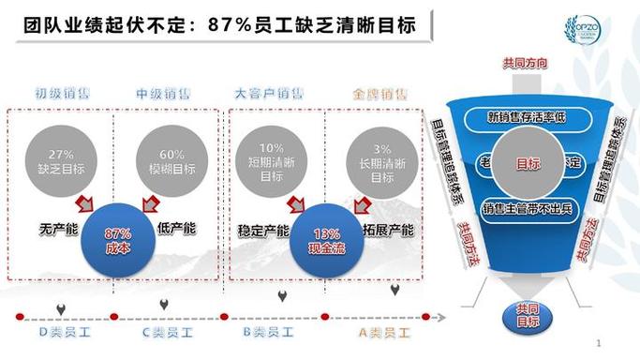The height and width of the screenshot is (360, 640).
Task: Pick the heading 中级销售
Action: (x=163, y=94)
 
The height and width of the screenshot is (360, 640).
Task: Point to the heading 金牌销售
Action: (x=380, y=94)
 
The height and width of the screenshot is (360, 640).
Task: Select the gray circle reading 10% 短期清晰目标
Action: (x=272, y=162)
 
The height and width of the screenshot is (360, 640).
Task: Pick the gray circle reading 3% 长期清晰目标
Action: (x=380, y=162)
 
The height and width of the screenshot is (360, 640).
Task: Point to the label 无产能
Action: (x=58, y=228)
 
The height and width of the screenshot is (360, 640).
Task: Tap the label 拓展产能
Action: (x=386, y=229)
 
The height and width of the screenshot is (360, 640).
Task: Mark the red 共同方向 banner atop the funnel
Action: (x=526, y=63)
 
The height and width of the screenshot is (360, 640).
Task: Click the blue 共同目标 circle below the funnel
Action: (x=527, y=315)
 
